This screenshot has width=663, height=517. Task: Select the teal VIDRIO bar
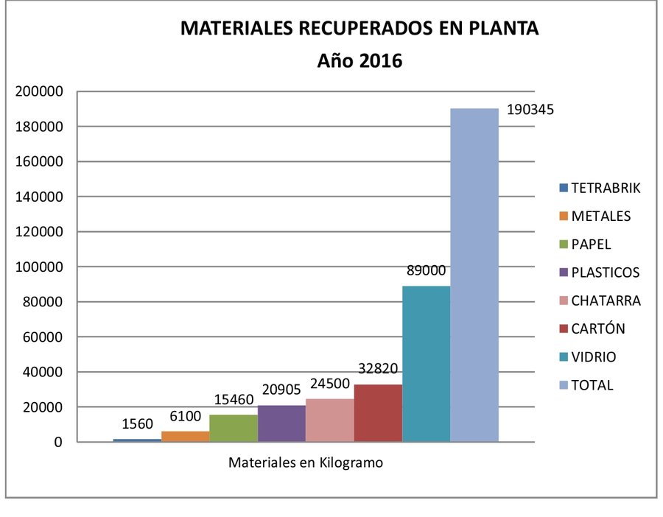tap(426, 364)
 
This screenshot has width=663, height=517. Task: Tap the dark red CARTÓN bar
tap(378, 413)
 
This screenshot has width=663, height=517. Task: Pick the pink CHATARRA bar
tap(329, 421)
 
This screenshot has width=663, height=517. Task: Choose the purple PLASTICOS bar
tap(281, 423)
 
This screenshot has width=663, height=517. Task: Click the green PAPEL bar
tap(234, 428)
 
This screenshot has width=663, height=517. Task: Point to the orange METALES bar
tap(185, 436)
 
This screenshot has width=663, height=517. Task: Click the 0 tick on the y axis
tap(56, 443)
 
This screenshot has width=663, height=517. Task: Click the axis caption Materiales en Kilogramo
tap(306, 463)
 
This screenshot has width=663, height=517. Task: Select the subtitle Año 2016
tap(359, 61)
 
